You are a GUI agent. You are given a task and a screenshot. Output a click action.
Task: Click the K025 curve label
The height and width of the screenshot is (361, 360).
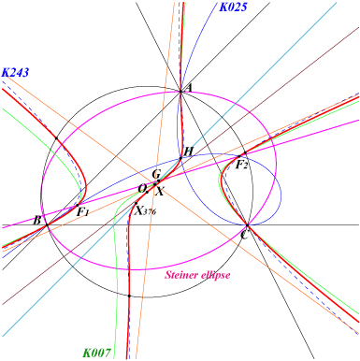coord(233,7)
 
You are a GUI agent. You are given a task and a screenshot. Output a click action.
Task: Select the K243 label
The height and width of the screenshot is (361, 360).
coord(15,72)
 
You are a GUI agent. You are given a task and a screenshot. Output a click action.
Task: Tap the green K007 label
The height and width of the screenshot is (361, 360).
coord(96,353)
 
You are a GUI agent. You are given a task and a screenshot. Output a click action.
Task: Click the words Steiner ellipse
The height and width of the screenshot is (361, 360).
coord(197,275)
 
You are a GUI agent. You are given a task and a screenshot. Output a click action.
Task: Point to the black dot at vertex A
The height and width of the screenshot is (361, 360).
coord(180,92)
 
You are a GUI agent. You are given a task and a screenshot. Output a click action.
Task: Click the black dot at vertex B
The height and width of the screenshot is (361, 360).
coord(47,224)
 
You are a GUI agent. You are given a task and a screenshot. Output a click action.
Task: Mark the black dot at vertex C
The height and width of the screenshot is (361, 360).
coord(248,224)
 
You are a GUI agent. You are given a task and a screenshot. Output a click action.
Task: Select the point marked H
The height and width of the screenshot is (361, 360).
coord(180,158)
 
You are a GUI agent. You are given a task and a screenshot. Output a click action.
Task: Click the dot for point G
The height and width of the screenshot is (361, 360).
coord(158,180)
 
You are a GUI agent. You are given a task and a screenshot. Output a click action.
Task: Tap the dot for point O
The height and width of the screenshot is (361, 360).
coord(147,192)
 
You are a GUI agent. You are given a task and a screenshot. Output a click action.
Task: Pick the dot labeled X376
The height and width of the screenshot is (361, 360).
coord(136,203)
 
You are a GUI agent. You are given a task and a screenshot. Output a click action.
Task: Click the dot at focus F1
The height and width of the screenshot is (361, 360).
coord(78,205)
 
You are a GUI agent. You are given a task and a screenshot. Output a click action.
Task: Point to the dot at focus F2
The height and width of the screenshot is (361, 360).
coord(239,156)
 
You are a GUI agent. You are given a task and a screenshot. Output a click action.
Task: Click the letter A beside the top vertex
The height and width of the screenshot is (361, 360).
coord(189,89)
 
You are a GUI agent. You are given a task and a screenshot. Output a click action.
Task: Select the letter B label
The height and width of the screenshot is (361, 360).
coord(37,221)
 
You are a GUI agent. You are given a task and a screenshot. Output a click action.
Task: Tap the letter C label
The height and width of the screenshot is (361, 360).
coord(244,235)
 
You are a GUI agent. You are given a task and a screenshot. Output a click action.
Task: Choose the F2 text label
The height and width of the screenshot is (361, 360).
coord(241,164)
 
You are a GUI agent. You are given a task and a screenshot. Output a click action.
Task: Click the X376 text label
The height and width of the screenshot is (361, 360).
coord(145,211)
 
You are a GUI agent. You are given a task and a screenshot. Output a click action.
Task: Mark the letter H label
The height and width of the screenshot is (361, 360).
coord(189,152)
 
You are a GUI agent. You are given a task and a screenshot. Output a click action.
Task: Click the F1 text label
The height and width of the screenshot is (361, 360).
coord(82,212)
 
